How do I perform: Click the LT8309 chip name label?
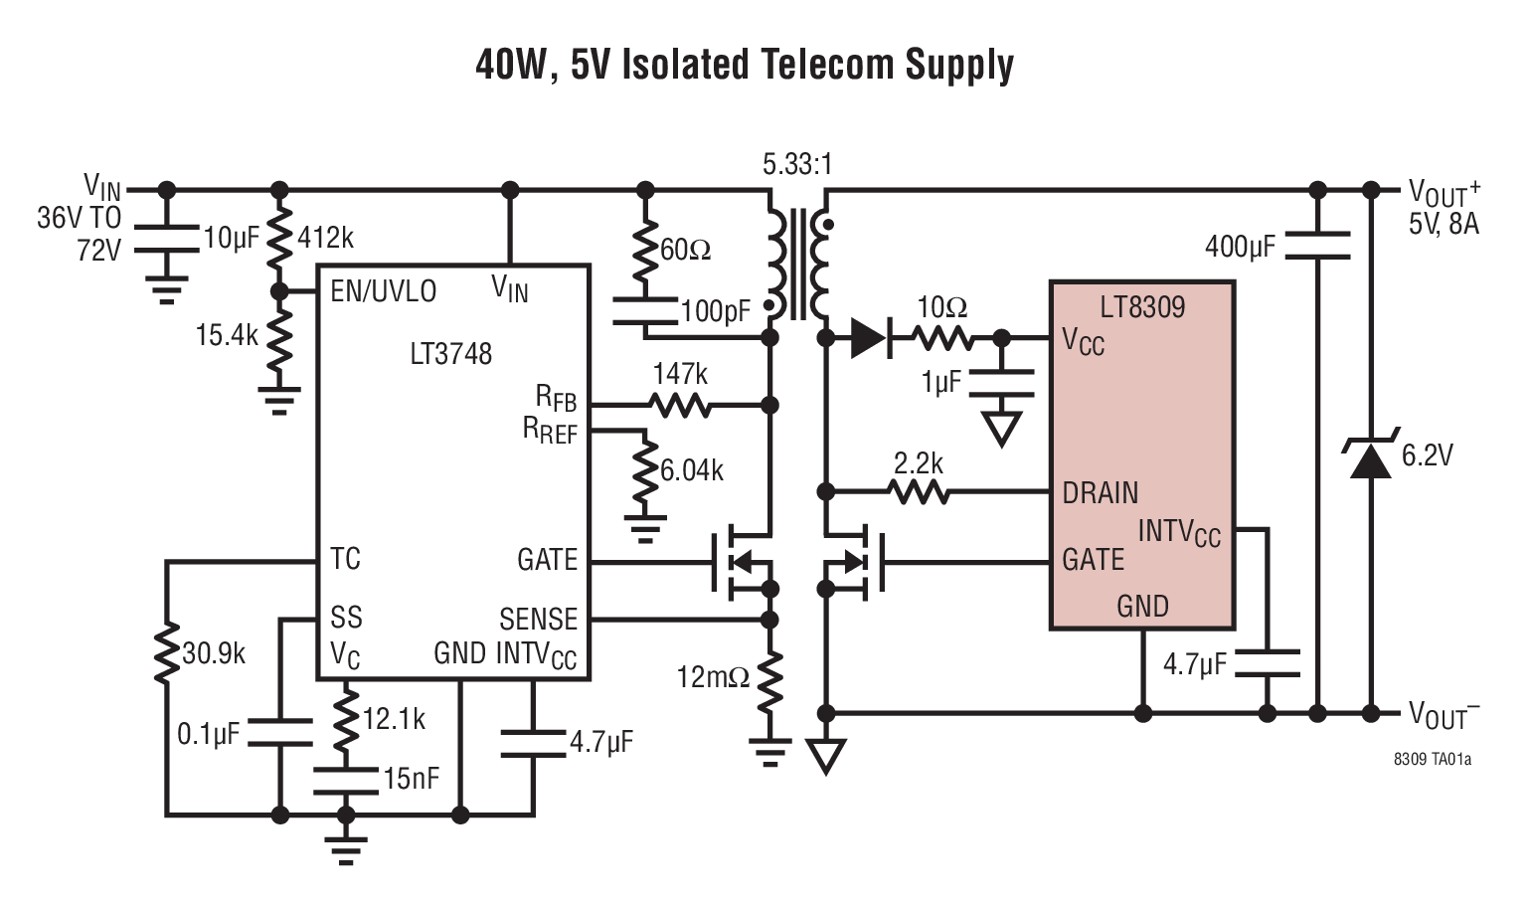click(1142, 306)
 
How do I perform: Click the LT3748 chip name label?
click(450, 354)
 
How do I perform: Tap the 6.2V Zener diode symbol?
click(1370, 458)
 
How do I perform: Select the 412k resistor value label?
click(325, 239)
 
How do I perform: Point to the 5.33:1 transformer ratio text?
click(797, 164)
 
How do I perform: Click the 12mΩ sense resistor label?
click(713, 678)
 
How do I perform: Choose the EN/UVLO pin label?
click(384, 291)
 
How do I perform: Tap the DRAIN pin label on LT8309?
click(1100, 493)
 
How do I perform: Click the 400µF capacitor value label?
click(1239, 247)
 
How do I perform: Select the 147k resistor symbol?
click(680, 405)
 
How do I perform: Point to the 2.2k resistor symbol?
click(919, 491)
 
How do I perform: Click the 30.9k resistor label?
click(214, 653)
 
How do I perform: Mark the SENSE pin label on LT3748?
click(538, 620)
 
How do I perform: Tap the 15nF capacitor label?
click(412, 779)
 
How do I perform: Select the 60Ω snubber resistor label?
click(686, 250)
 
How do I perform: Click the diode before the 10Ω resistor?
click(869, 339)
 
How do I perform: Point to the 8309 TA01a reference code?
click(1433, 759)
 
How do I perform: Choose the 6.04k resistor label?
click(692, 470)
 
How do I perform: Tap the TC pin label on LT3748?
click(345, 559)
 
